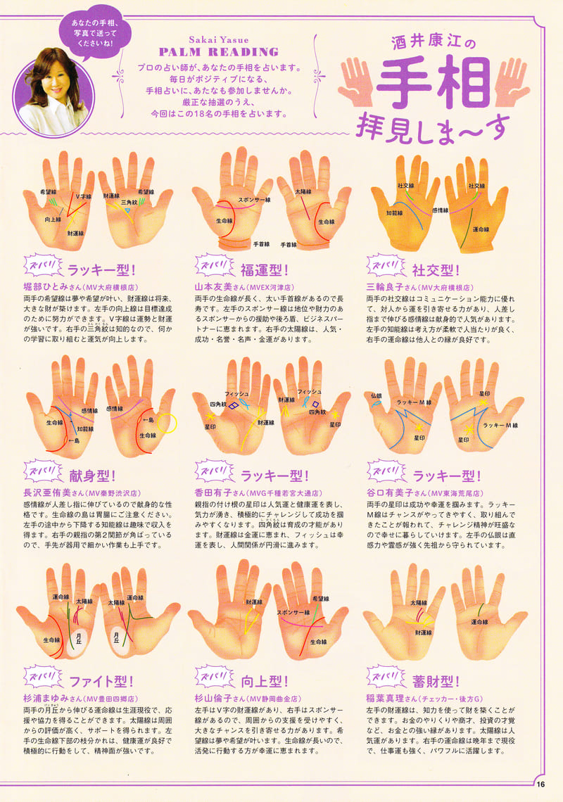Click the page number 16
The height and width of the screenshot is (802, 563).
tap(540, 786)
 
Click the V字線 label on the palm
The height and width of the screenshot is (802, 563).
tap(84, 197)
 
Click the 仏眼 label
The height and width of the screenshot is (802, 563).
tap(377, 395)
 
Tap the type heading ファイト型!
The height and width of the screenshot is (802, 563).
tap(101, 681)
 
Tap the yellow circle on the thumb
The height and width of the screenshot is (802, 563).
tap(167, 422)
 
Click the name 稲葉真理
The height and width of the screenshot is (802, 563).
tap(386, 699)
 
